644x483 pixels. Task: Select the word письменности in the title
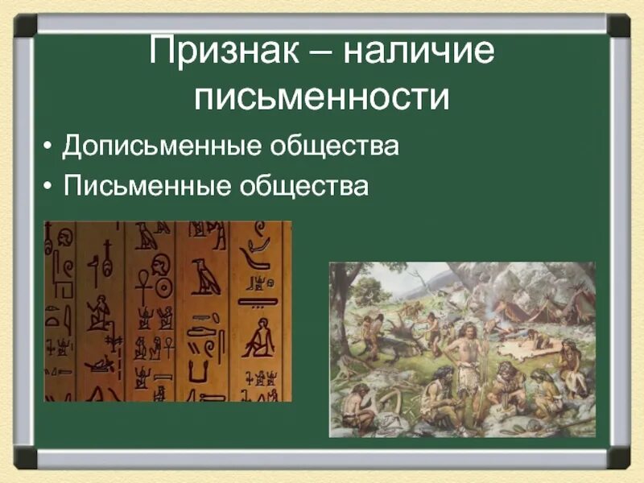pos(320,97)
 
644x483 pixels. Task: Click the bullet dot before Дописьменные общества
pos(50,148)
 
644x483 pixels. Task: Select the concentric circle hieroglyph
pos(164,286)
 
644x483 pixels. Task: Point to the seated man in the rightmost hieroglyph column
pos(258,338)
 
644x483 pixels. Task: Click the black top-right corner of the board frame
pos(618,25)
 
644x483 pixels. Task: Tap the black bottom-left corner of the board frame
pos(26,458)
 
